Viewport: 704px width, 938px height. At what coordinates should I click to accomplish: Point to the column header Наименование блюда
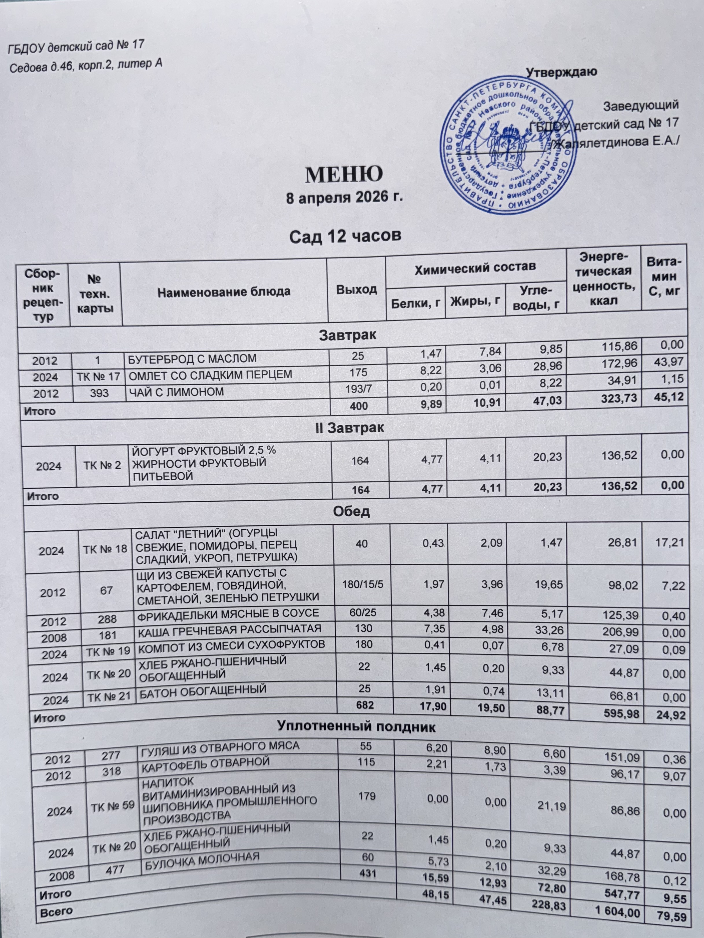click(x=224, y=291)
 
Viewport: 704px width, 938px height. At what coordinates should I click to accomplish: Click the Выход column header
click(x=356, y=290)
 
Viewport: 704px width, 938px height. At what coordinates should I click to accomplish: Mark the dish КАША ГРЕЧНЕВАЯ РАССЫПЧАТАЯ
click(x=230, y=628)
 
